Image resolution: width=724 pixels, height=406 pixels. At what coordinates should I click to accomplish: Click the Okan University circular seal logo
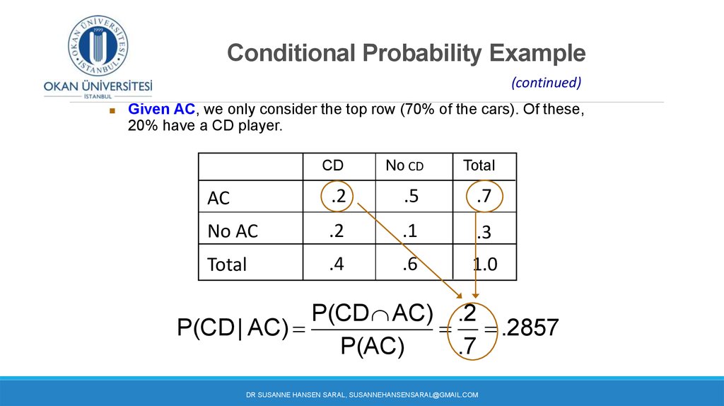(98, 45)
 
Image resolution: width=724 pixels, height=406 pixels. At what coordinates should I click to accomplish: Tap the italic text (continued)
(546, 83)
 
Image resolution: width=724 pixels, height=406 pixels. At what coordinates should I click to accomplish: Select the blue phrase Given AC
(162, 109)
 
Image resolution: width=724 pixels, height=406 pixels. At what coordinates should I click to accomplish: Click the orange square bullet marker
(112, 111)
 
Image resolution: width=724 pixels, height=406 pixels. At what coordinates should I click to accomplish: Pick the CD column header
(332, 166)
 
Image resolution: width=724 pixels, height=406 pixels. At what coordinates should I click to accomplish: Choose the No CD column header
(404, 166)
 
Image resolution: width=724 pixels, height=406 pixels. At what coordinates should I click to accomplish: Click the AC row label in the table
(218, 198)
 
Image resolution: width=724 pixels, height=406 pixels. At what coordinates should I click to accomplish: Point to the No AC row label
(233, 231)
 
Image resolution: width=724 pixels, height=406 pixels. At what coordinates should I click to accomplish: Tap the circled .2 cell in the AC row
(337, 197)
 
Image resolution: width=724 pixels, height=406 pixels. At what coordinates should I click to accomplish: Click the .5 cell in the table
(411, 197)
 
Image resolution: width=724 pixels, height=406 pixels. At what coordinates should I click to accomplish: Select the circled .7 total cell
(484, 197)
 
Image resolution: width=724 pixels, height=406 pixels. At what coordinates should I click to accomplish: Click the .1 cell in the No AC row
(410, 230)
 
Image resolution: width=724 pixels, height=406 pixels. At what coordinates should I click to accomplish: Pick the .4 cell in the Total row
(337, 264)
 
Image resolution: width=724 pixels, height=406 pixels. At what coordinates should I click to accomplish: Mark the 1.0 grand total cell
(485, 265)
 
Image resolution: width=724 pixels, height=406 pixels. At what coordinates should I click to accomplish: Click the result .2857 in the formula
(530, 327)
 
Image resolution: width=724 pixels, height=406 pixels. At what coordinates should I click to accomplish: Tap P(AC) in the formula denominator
(372, 345)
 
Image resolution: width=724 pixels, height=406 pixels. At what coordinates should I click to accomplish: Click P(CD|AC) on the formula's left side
(233, 328)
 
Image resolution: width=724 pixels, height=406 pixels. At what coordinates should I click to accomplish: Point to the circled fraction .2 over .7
(472, 330)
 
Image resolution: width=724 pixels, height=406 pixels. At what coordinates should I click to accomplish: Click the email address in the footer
(414, 395)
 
